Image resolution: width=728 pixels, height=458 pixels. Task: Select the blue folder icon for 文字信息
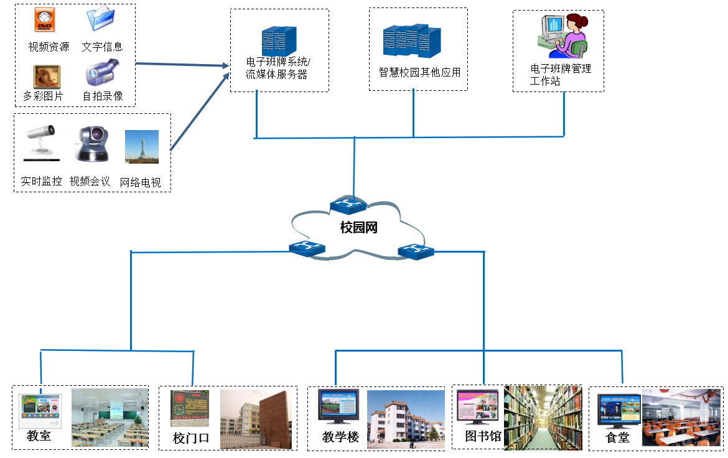pyautogui.click(x=100, y=19)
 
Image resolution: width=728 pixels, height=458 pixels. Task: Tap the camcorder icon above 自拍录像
pyautogui.click(x=101, y=72)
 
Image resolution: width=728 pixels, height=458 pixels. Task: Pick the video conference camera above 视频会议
pyautogui.click(x=91, y=144)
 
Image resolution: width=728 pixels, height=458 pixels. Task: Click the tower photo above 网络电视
pyautogui.click(x=142, y=147)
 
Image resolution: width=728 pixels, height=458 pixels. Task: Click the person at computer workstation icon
pyautogui.click(x=562, y=36)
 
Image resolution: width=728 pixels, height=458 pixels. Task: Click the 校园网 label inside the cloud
pyautogui.click(x=359, y=228)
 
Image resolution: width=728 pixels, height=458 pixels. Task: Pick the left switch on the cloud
pyautogui.click(x=307, y=248)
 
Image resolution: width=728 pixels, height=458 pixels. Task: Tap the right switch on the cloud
pyautogui.click(x=416, y=251)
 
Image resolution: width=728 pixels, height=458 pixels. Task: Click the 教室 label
pyautogui.click(x=39, y=436)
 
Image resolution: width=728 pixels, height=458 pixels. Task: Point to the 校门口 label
pyautogui.click(x=191, y=439)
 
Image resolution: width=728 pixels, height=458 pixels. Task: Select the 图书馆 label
pyautogui.click(x=483, y=436)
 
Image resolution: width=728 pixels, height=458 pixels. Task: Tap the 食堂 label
pyautogui.click(x=617, y=437)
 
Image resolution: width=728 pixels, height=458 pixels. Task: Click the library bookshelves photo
pyautogui.click(x=543, y=417)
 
